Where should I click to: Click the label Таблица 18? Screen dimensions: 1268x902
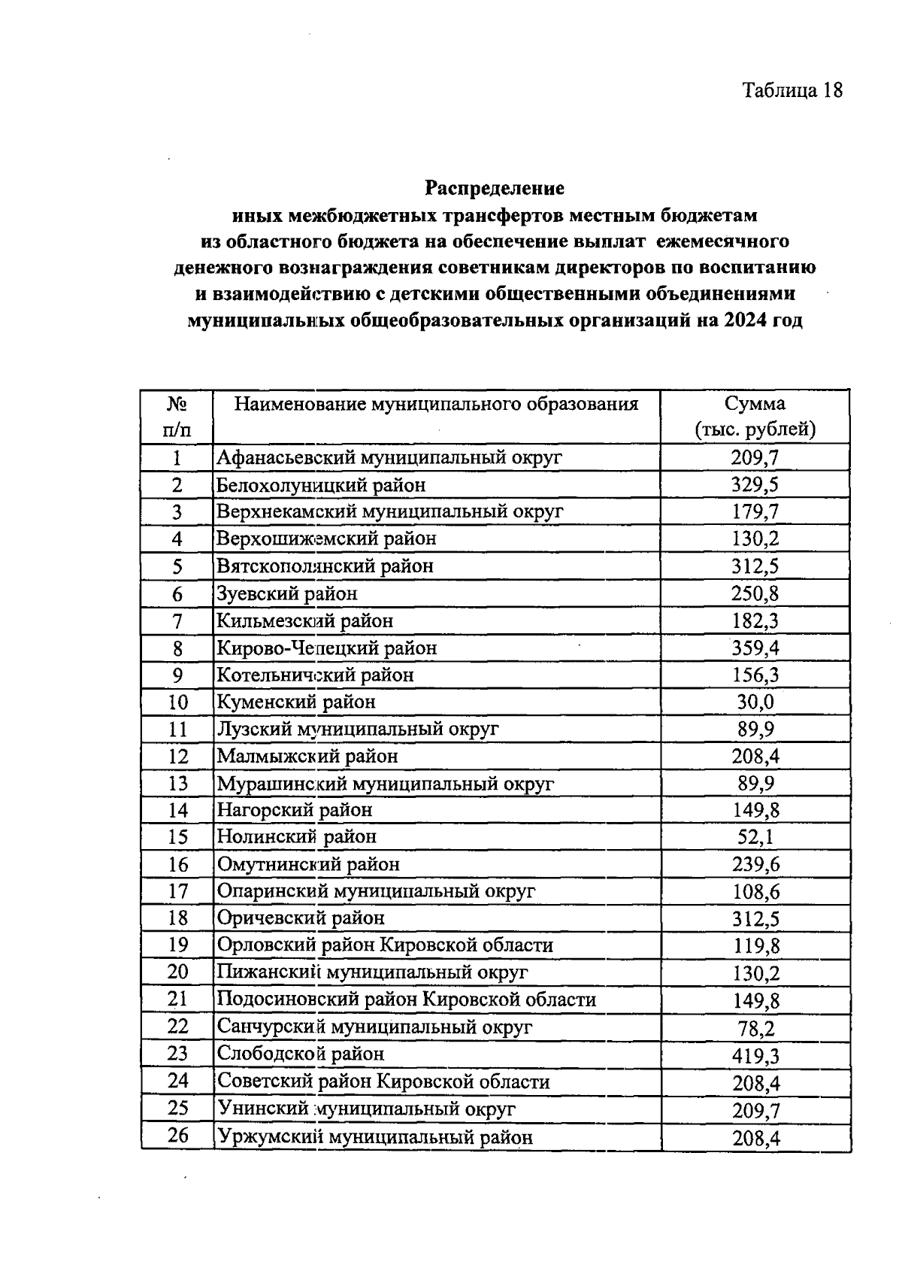(792, 90)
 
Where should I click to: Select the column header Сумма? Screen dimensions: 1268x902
(755, 404)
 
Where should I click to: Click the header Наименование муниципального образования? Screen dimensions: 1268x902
(436, 404)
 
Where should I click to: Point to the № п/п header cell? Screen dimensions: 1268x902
(177, 417)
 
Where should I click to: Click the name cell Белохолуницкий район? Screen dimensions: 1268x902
(321, 485)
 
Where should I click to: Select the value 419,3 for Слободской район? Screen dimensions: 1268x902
(755, 1055)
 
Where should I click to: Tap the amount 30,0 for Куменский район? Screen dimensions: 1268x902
(755, 702)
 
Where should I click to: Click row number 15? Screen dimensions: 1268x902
(177, 837)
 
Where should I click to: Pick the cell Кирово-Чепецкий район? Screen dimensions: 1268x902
(326, 648)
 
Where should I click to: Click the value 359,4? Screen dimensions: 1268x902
(755, 648)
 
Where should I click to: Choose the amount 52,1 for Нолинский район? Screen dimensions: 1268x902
(755, 837)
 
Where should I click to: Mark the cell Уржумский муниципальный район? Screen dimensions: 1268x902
(374, 1136)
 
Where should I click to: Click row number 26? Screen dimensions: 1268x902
(177, 1135)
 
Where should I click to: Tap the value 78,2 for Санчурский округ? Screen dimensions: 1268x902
(755, 1028)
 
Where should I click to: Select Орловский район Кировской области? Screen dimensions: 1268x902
(385, 945)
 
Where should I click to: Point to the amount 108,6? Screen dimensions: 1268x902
(755, 892)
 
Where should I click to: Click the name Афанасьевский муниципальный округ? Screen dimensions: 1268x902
(389, 457)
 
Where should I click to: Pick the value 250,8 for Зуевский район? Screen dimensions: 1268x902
(755, 594)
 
